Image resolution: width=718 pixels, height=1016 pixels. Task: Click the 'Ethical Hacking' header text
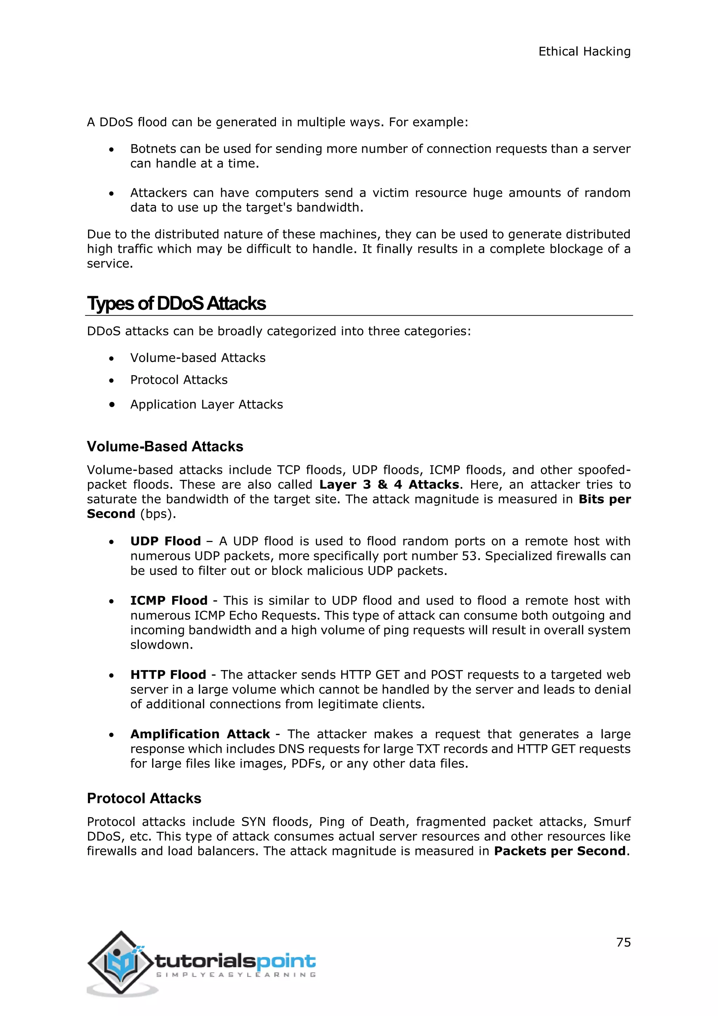(x=584, y=52)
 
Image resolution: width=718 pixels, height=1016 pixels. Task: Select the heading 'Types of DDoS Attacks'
(x=176, y=303)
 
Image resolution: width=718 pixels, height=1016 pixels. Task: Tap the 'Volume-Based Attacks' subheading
(x=165, y=447)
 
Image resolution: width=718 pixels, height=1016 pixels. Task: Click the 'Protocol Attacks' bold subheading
(x=144, y=798)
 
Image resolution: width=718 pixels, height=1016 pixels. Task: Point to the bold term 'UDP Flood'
(x=165, y=541)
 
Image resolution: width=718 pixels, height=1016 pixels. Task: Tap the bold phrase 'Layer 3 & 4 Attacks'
(x=389, y=484)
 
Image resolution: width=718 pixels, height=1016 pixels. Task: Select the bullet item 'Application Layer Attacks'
(x=206, y=405)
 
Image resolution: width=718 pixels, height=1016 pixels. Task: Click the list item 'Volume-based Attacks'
(x=198, y=357)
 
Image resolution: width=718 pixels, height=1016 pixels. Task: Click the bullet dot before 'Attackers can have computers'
(x=112, y=194)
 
